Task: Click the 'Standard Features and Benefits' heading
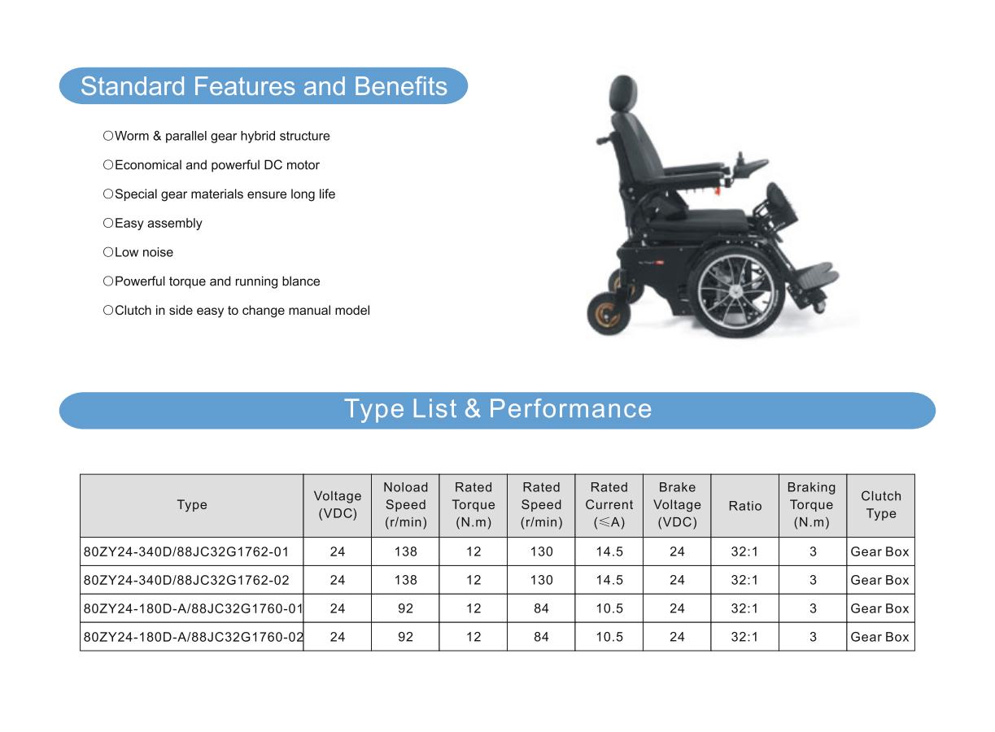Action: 264,86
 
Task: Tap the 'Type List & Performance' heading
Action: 498,409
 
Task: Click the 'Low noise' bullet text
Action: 144,252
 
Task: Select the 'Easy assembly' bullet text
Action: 158,224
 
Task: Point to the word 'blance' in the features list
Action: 301,281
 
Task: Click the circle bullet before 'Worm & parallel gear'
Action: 108,136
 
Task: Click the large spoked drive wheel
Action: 735,292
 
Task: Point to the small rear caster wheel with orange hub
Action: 608,314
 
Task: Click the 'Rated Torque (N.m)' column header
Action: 473,505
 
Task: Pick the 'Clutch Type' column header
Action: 881,505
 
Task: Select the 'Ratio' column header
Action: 745,506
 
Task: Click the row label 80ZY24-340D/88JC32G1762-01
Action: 186,551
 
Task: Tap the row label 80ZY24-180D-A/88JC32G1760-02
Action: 194,637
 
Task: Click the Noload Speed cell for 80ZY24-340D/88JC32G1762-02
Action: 405,580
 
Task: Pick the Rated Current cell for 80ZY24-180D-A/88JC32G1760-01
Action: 609,608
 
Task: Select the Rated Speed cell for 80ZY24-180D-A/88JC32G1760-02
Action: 541,637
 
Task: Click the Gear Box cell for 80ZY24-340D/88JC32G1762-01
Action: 879,551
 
